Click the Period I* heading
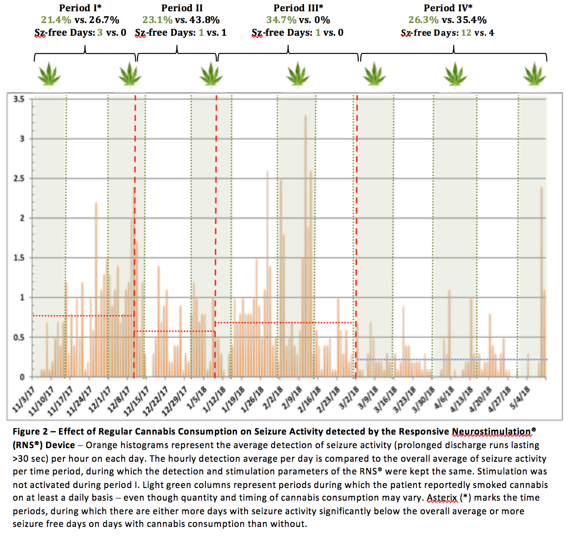click(x=80, y=8)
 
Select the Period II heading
click(x=182, y=8)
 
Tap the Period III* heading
click(x=298, y=8)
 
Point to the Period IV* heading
click(x=448, y=8)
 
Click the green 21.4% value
click(x=56, y=20)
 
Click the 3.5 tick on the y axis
click(x=19, y=99)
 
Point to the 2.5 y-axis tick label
click(x=19, y=178)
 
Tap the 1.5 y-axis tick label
click(x=19, y=258)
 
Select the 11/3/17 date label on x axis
click(x=24, y=399)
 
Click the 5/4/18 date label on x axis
click(x=520, y=397)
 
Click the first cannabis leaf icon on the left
click(x=49, y=74)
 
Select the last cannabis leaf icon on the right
click(x=535, y=74)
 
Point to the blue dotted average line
click(x=452, y=359)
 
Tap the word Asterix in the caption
click(x=442, y=498)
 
